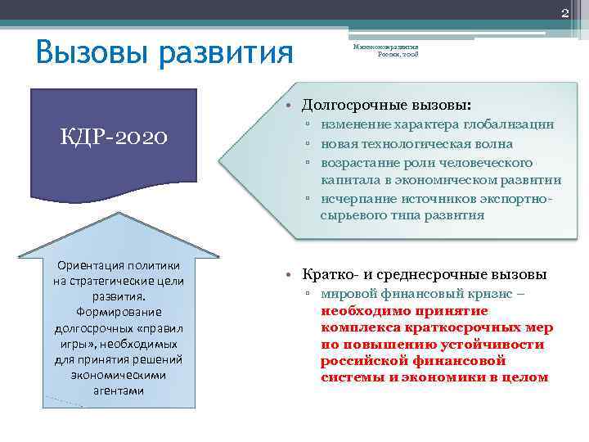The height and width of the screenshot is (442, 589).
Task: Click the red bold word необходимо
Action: tap(359, 311)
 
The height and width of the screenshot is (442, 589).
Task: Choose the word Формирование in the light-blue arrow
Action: tap(119, 313)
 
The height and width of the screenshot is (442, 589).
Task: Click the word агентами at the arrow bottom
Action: tap(119, 390)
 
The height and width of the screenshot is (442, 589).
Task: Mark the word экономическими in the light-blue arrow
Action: tap(119, 375)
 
